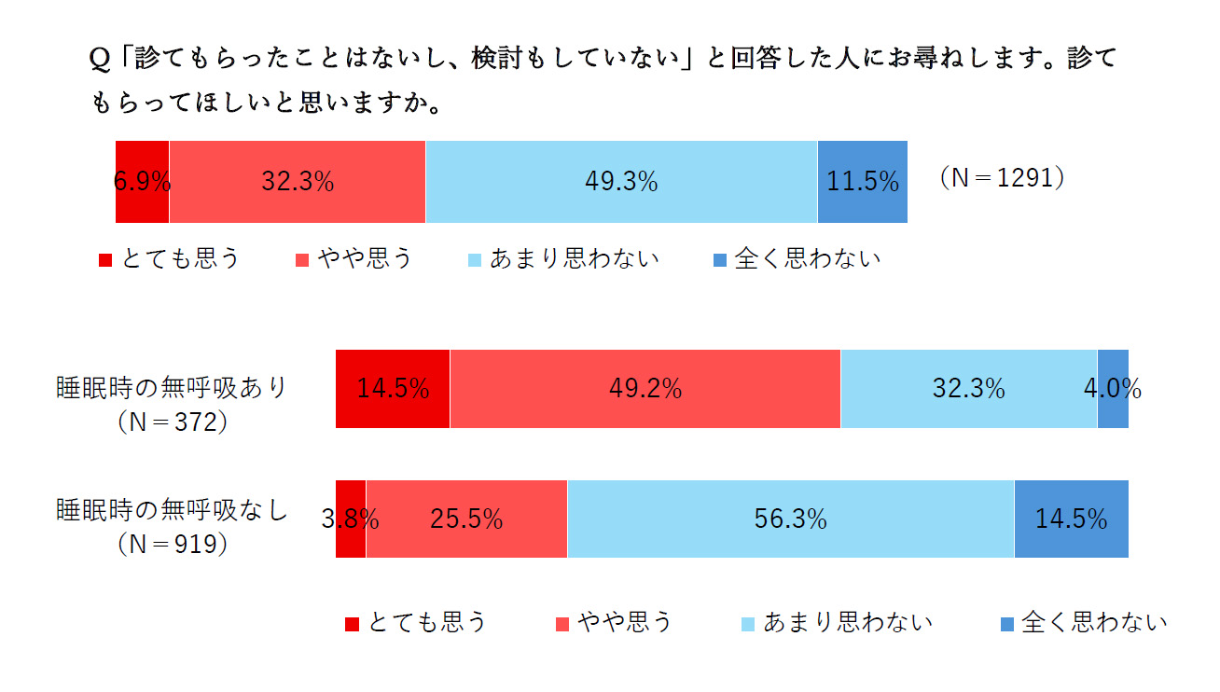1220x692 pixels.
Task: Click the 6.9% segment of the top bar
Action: (x=142, y=182)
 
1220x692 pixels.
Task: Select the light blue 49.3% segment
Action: (x=621, y=182)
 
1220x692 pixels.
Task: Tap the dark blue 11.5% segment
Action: (x=863, y=182)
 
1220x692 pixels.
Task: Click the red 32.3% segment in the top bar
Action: (x=297, y=182)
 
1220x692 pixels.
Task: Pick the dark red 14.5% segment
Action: (x=393, y=389)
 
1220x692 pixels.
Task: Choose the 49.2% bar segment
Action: (x=645, y=389)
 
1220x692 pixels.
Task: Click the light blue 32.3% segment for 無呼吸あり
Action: (x=968, y=389)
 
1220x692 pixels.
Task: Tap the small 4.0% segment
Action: (x=1113, y=389)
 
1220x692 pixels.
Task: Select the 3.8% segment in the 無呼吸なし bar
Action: (x=351, y=519)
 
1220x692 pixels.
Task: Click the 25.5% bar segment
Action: (x=466, y=519)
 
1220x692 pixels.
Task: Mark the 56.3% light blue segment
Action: (x=790, y=519)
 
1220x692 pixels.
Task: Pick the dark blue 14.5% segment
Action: (x=1071, y=519)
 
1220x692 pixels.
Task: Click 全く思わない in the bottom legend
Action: (x=1093, y=622)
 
